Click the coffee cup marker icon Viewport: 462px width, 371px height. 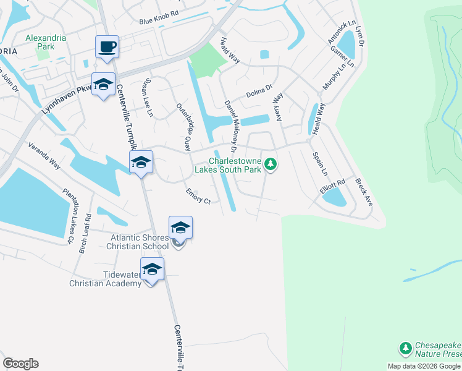[107, 46]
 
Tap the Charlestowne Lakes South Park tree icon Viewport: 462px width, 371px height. [270, 164]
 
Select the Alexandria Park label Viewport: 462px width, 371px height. [46, 41]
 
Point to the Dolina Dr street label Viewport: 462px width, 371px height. [259, 92]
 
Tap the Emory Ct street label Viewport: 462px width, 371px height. [198, 196]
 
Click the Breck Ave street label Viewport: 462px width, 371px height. [364, 192]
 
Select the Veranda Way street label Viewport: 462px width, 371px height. [44, 156]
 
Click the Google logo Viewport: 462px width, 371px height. [20, 364]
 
